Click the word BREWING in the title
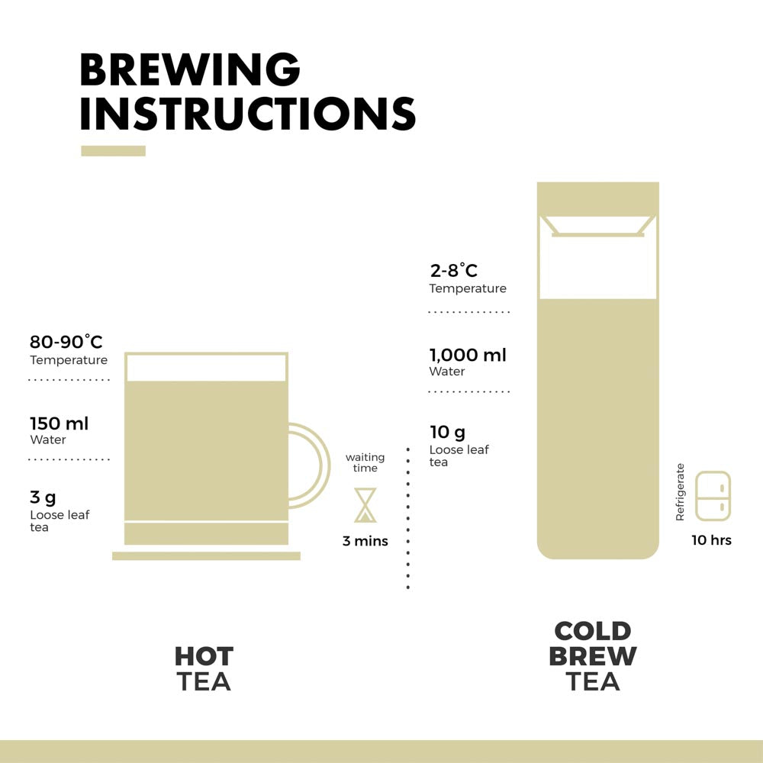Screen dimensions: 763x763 point(190,69)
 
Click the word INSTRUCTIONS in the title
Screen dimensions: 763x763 point(248,113)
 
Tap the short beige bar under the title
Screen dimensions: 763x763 point(114,151)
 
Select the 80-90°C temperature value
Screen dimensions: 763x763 point(66,342)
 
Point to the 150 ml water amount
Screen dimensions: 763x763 point(60,423)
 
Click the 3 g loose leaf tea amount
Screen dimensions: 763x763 point(43,497)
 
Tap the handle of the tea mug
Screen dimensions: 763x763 point(324,465)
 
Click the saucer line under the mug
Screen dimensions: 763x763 point(206,555)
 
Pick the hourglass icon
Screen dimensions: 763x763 point(365,505)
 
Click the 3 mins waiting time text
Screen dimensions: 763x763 point(365,541)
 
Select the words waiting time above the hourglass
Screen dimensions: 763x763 point(365,462)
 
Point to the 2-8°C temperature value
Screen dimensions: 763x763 point(454,270)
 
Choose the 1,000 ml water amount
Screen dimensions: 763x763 point(468,356)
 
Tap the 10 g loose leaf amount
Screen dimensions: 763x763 point(448,432)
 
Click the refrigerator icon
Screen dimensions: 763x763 point(713,496)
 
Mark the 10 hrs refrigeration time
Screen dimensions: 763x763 point(711,540)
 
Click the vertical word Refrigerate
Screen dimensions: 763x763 point(681,492)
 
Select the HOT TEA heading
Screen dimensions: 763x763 point(204,668)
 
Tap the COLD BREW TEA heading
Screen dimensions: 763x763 point(593,656)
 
